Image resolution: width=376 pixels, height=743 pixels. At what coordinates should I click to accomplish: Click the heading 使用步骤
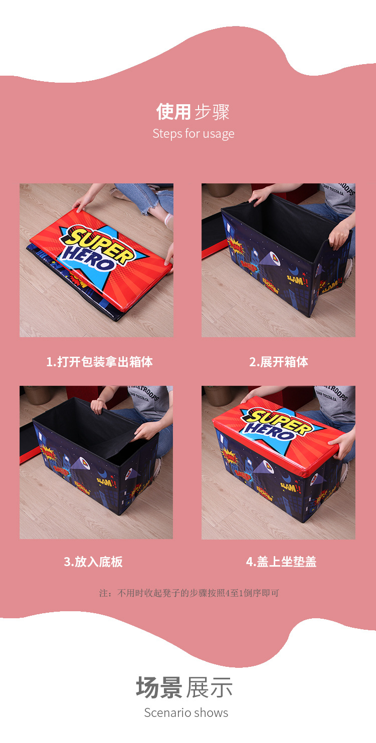(x=193, y=112)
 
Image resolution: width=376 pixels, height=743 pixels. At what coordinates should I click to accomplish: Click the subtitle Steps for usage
(x=193, y=134)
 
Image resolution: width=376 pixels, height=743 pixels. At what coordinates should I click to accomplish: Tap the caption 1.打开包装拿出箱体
(x=99, y=362)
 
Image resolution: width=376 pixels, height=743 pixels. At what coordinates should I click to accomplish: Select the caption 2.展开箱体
(x=279, y=362)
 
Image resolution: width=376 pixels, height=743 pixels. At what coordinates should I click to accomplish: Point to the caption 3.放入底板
(x=93, y=562)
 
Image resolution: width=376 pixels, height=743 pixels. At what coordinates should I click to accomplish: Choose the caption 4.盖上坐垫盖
(x=281, y=562)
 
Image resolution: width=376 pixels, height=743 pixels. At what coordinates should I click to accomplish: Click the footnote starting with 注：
(x=189, y=593)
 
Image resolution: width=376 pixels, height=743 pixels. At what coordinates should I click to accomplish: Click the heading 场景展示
(x=184, y=687)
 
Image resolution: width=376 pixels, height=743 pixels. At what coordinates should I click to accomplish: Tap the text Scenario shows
(x=186, y=712)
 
